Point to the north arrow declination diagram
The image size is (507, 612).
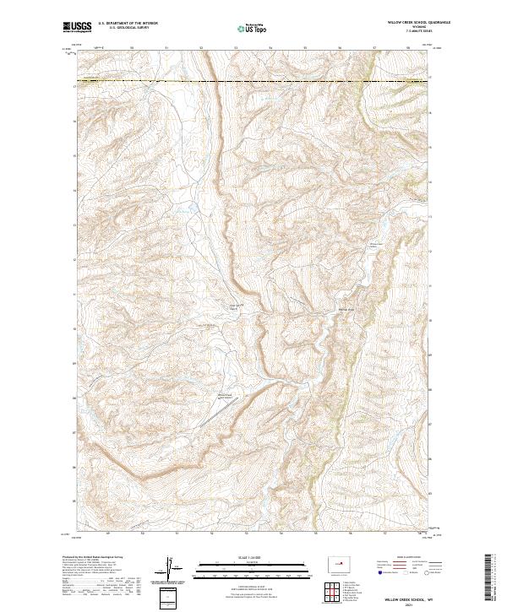[x=168, y=567]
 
